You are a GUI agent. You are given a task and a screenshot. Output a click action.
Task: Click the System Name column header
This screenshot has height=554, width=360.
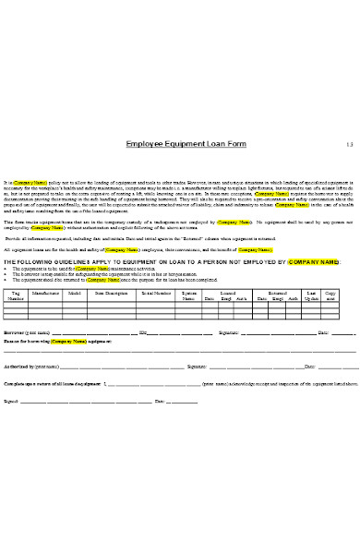189,296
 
